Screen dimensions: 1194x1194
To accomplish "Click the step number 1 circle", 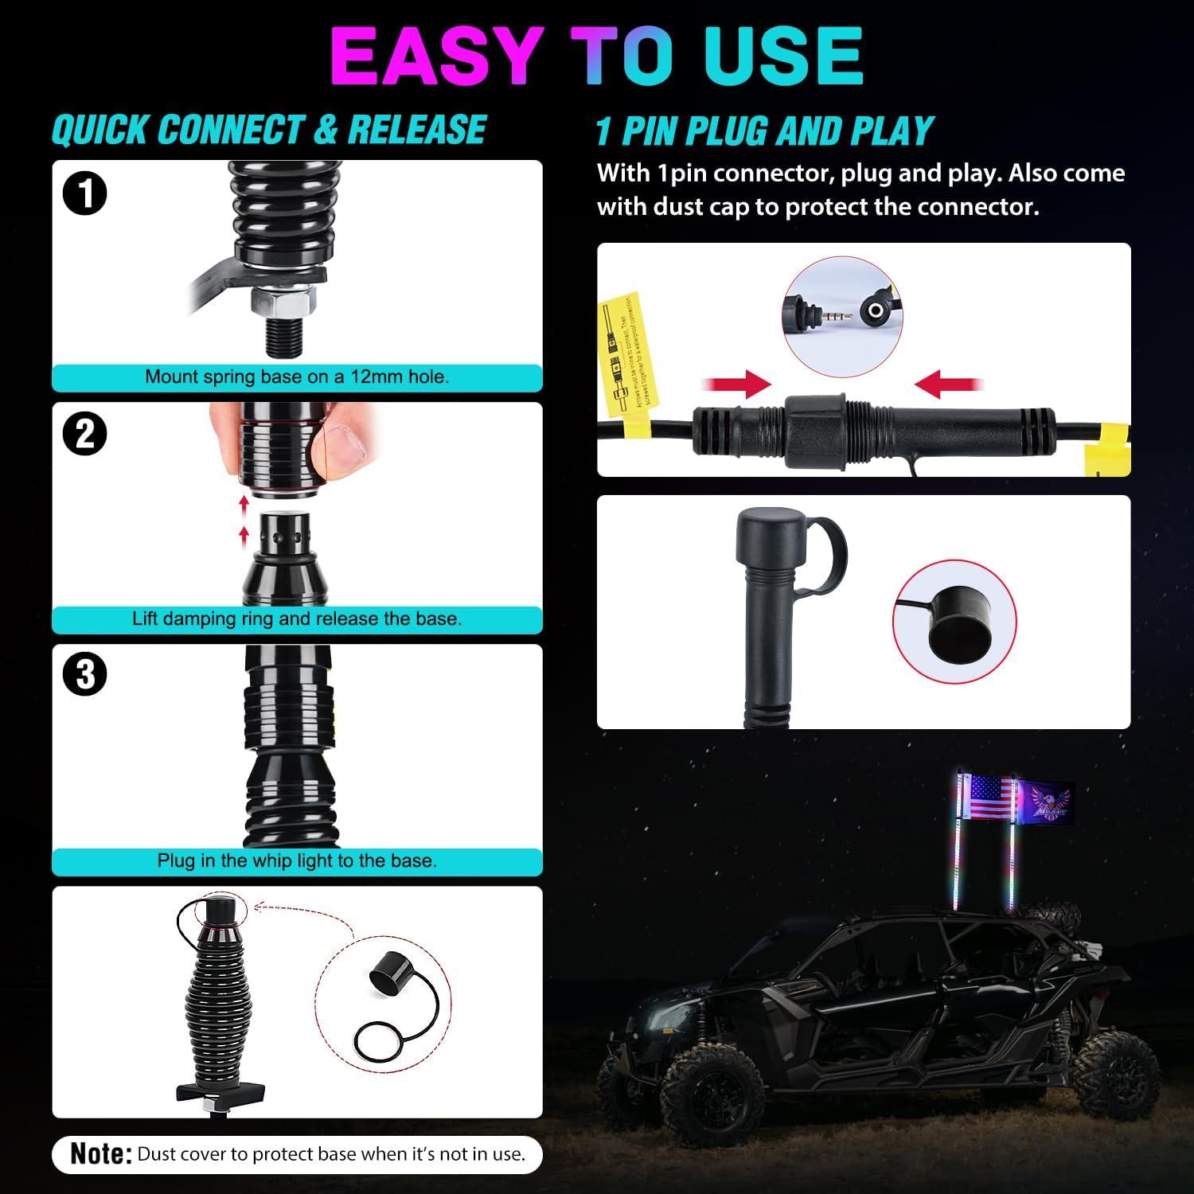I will pyautogui.click(x=84, y=193).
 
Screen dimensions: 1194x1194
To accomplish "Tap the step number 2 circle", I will pyautogui.click(x=84, y=435).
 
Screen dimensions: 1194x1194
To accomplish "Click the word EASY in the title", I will pyautogui.click(x=436, y=56).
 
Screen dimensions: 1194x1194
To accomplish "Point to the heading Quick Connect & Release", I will pyautogui.click(x=269, y=131).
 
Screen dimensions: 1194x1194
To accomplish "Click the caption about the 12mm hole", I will pyautogui.click(x=297, y=377).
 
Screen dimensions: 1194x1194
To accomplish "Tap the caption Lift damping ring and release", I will pyautogui.click(x=297, y=618).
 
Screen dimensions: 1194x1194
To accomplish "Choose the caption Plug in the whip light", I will pyautogui.click(x=297, y=860).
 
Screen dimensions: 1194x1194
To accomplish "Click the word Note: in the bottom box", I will pyautogui.click(x=101, y=1153).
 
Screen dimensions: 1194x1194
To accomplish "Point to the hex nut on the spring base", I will pyautogui.click(x=284, y=302).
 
